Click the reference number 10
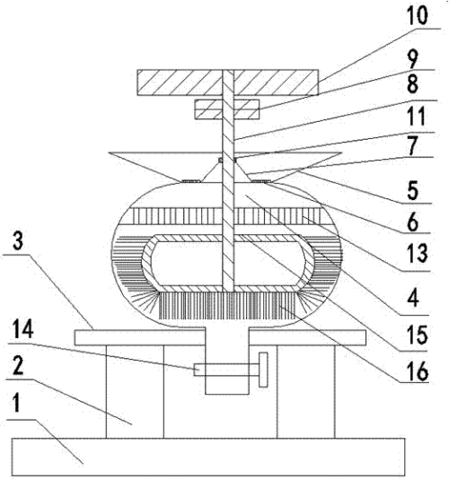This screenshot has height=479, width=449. [417, 15]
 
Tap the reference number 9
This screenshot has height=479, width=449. [412, 59]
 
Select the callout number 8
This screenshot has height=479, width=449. [412, 84]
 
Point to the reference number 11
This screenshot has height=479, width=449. [416, 117]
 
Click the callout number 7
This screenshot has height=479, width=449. [413, 145]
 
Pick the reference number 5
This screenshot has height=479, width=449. [413, 190]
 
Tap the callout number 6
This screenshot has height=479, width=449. [413, 222]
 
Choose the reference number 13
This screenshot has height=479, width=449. [418, 253]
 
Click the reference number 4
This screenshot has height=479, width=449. [413, 297]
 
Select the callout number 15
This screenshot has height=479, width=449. [418, 335]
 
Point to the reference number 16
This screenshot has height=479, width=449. [418, 370]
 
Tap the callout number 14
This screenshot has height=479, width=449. [23, 329]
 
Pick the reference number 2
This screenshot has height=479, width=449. [18, 366]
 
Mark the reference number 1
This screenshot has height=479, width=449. [17, 403]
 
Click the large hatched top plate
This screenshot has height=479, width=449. [228, 83]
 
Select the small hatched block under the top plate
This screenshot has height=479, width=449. [227, 109]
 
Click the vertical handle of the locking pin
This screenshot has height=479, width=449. [263, 370]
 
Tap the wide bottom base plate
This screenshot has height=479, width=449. [208, 457]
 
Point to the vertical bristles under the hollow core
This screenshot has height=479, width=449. [228, 306]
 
